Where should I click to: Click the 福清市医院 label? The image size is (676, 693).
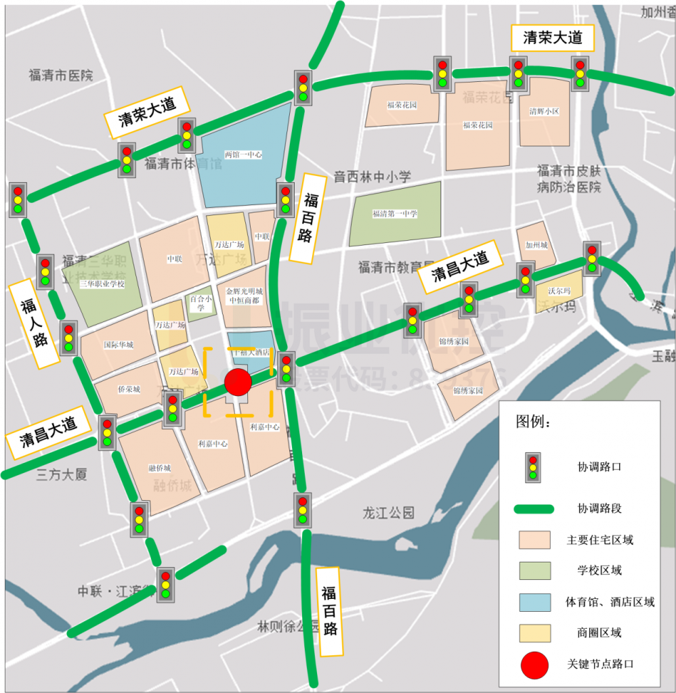click(60, 75)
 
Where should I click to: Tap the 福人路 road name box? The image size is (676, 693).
click(33, 325)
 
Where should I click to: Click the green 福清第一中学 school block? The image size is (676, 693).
click(395, 213)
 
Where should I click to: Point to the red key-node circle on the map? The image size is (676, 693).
click(238, 382)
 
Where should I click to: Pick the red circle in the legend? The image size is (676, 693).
click(534, 665)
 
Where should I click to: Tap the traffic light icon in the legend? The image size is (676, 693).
click(534, 467)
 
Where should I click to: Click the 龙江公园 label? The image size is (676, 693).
click(388, 512)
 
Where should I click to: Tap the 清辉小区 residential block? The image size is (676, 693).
click(544, 112)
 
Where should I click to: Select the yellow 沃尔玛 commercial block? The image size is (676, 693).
click(559, 290)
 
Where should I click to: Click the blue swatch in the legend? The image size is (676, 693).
click(534, 602)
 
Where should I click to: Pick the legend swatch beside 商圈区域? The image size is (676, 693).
click(534, 633)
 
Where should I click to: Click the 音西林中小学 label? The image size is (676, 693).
click(372, 177)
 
